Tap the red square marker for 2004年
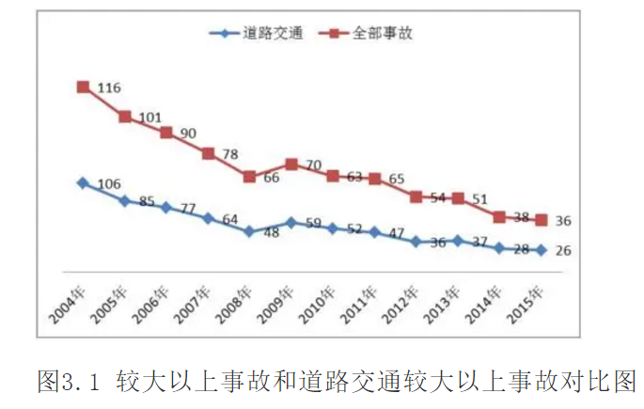pos(83,87)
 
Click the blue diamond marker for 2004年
pos(83,183)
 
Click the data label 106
pos(108,184)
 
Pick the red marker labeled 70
pos(291,164)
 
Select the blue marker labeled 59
pos(291,223)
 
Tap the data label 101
pos(149,118)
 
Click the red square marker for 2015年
pos(541,220)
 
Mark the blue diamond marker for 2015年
pos(541,250)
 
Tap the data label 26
pos(564,251)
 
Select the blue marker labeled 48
pos(249,230)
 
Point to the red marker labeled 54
pos(416,197)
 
